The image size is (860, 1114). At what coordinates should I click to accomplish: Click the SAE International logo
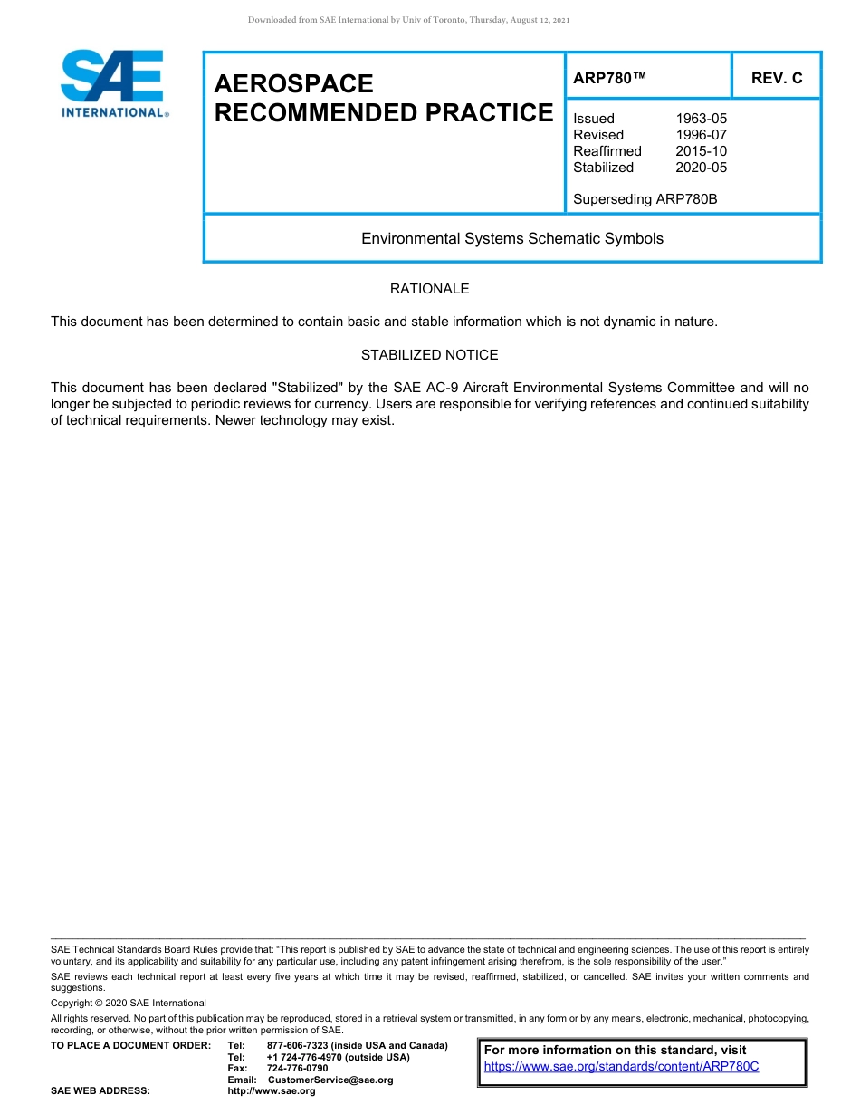tap(113, 83)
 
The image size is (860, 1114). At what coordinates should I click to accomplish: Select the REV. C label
tap(777, 78)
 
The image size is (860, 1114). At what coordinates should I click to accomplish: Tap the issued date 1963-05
tap(701, 119)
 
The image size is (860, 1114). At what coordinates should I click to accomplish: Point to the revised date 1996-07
tap(701, 135)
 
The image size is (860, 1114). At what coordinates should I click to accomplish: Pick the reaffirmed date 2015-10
tap(701, 151)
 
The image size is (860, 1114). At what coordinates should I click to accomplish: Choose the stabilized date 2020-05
tap(701, 168)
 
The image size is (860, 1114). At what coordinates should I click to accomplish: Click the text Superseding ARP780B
tap(645, 198)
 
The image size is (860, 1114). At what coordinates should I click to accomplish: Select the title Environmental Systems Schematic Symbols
tap(511, 239)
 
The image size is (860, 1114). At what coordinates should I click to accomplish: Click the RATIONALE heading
tap(429, 289)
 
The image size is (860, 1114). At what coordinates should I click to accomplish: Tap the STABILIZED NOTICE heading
tap(429, 355)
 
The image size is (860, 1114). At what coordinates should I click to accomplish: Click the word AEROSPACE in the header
tap(293, 84)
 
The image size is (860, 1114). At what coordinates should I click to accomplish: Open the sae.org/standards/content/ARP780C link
tap(621, 1067)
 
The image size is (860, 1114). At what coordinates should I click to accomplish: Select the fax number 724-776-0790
tap(297, 1069)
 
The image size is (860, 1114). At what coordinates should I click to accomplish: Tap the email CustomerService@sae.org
tap(330, 1080)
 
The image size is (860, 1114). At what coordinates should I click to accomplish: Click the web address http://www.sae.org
tap(271, 1091)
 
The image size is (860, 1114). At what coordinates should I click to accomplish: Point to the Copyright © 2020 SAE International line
tap(129, 1003)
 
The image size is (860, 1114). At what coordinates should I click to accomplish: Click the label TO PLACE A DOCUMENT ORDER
tap(130, 1046)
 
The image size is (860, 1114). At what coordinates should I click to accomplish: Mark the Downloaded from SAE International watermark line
tap(408, 20)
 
